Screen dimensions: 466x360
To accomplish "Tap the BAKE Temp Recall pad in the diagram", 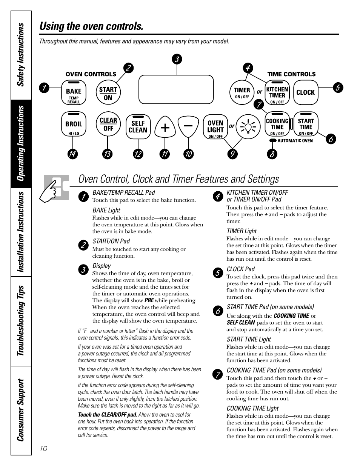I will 74,93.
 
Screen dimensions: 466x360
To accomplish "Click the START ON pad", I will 108,93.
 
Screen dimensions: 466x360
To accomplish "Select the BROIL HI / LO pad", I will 74,125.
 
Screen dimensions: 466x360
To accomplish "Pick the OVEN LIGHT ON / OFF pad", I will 215,127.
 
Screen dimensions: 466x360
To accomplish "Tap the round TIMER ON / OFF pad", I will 242,92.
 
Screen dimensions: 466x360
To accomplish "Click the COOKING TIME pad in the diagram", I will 277,125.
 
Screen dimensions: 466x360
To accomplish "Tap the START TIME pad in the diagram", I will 306,125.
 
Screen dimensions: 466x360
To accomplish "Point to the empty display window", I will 176,89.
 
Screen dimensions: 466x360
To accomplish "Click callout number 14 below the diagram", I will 72,154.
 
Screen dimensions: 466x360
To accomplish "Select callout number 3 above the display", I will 176,59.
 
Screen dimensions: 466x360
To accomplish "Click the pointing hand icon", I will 56,187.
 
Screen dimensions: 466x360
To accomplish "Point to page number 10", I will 43,448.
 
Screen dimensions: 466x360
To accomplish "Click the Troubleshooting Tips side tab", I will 21,320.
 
